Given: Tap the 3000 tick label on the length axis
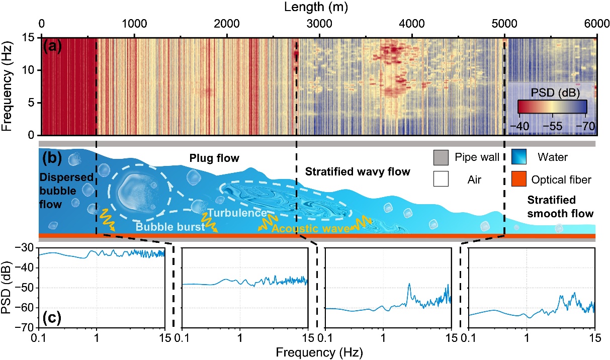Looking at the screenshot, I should [319, 24].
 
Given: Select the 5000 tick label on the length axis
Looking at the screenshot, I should [504, 24].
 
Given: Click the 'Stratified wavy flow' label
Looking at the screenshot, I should [358, 172].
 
